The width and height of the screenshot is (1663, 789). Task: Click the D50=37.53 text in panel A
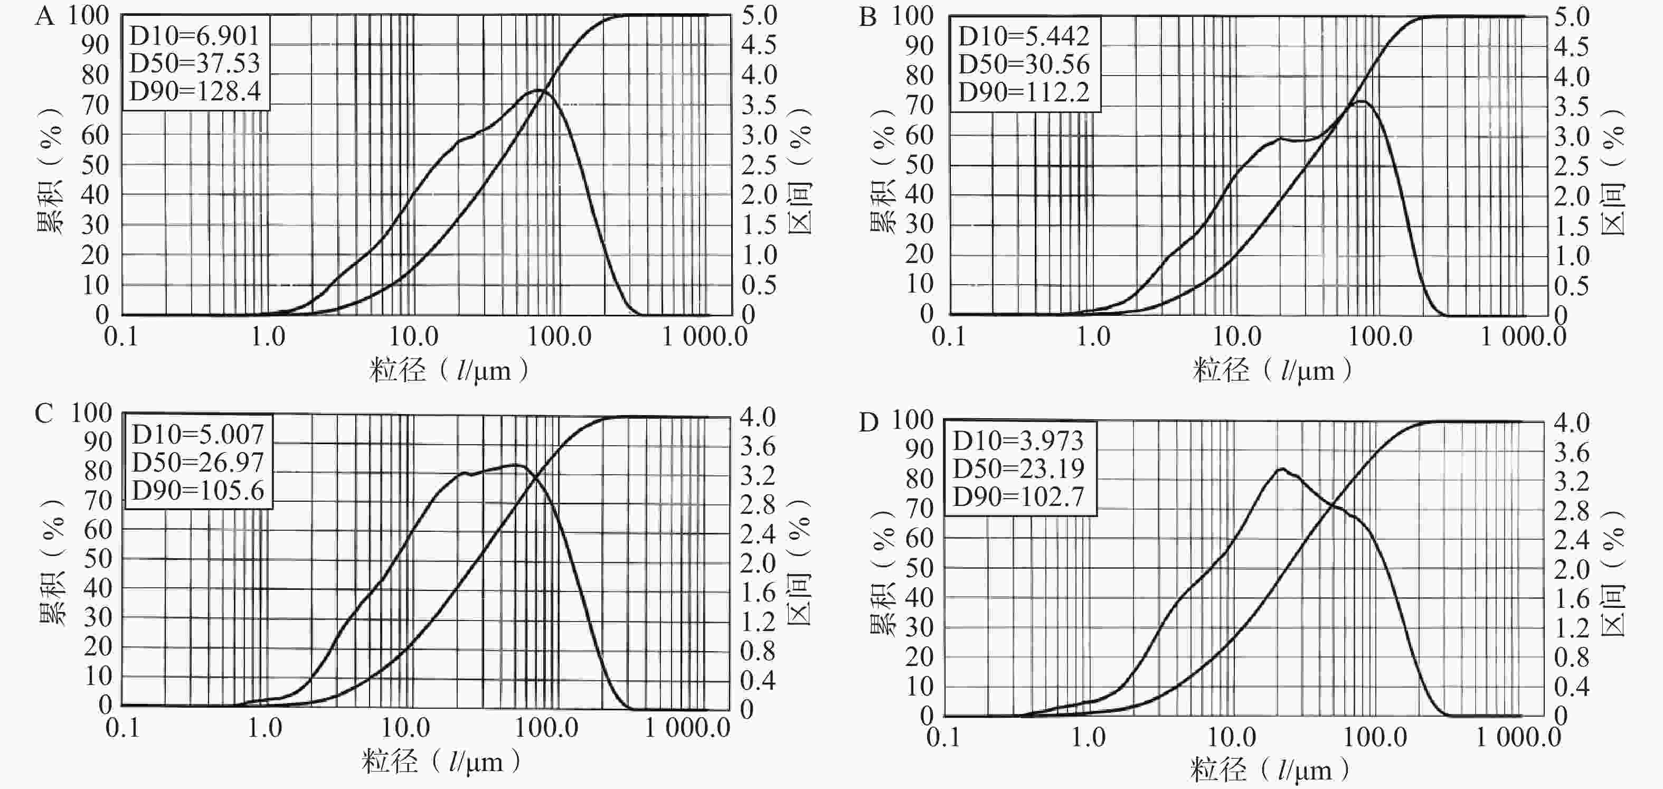194,63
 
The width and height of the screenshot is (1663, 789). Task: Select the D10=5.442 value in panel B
1023,36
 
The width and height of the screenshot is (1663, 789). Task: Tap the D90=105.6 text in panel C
198,491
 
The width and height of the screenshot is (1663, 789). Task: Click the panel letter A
44,15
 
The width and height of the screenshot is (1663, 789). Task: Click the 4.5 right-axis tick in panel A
759,45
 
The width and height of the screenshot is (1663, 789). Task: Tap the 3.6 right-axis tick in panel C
757,446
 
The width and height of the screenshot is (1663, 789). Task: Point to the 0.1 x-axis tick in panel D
943,737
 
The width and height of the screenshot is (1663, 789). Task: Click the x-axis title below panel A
449,371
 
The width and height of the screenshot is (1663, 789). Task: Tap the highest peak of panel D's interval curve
1280,469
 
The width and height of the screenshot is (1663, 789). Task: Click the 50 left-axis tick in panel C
98,559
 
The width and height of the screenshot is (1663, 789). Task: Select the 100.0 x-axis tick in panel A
559,336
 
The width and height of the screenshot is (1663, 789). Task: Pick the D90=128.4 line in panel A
195,91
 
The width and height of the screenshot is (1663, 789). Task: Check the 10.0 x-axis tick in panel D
1231,737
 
